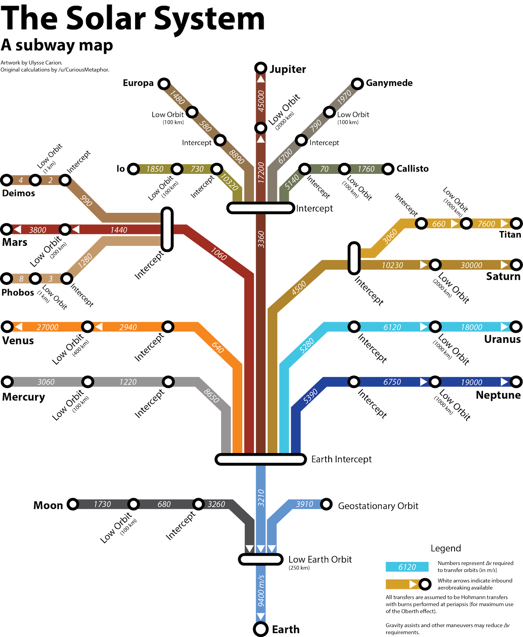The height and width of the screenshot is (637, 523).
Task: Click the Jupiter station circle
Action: pyautogui.click(x=261, y=68)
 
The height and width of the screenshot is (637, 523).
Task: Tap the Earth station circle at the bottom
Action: pyautogui.click(x=261, y=629)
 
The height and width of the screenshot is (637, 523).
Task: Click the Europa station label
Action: pyautogui.click(x=138, y=83)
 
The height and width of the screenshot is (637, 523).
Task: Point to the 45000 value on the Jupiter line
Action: pyautogui.click(x=261, y=101)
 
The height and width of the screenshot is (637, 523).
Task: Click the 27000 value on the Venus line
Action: pyautogui.click(x=47, y=327)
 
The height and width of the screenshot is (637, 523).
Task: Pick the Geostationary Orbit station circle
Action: pyautogui.click(x=326, y=504)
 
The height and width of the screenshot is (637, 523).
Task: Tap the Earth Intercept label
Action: pyautogui.click(x=341, y=459)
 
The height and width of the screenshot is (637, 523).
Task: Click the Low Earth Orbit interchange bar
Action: pyautogui.click(x=261, y=559)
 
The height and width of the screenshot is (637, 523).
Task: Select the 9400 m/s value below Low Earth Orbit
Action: pyautogui.click(x=261, y=590)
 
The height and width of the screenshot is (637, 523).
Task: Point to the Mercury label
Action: pyautogui.click(x=24, y=397)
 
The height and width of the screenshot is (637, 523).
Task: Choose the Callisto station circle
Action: pyautogui.click(x=388, y=169)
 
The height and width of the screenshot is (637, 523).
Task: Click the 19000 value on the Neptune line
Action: pyautogui.click(x=472, y=382)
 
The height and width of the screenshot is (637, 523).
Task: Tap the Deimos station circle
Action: pyautogui.click(x=7, y=180)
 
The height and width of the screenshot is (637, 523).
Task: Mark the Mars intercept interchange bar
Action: pyautogui.click(x=167, y=229)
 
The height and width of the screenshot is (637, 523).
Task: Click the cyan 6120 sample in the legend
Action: pyautogui.click(x=407, y=567)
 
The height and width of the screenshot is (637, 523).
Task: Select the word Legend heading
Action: pyautogui.click(x=446, y=548)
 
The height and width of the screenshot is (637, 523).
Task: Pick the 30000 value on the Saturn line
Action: pyautogui.click(x=472, y=265)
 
